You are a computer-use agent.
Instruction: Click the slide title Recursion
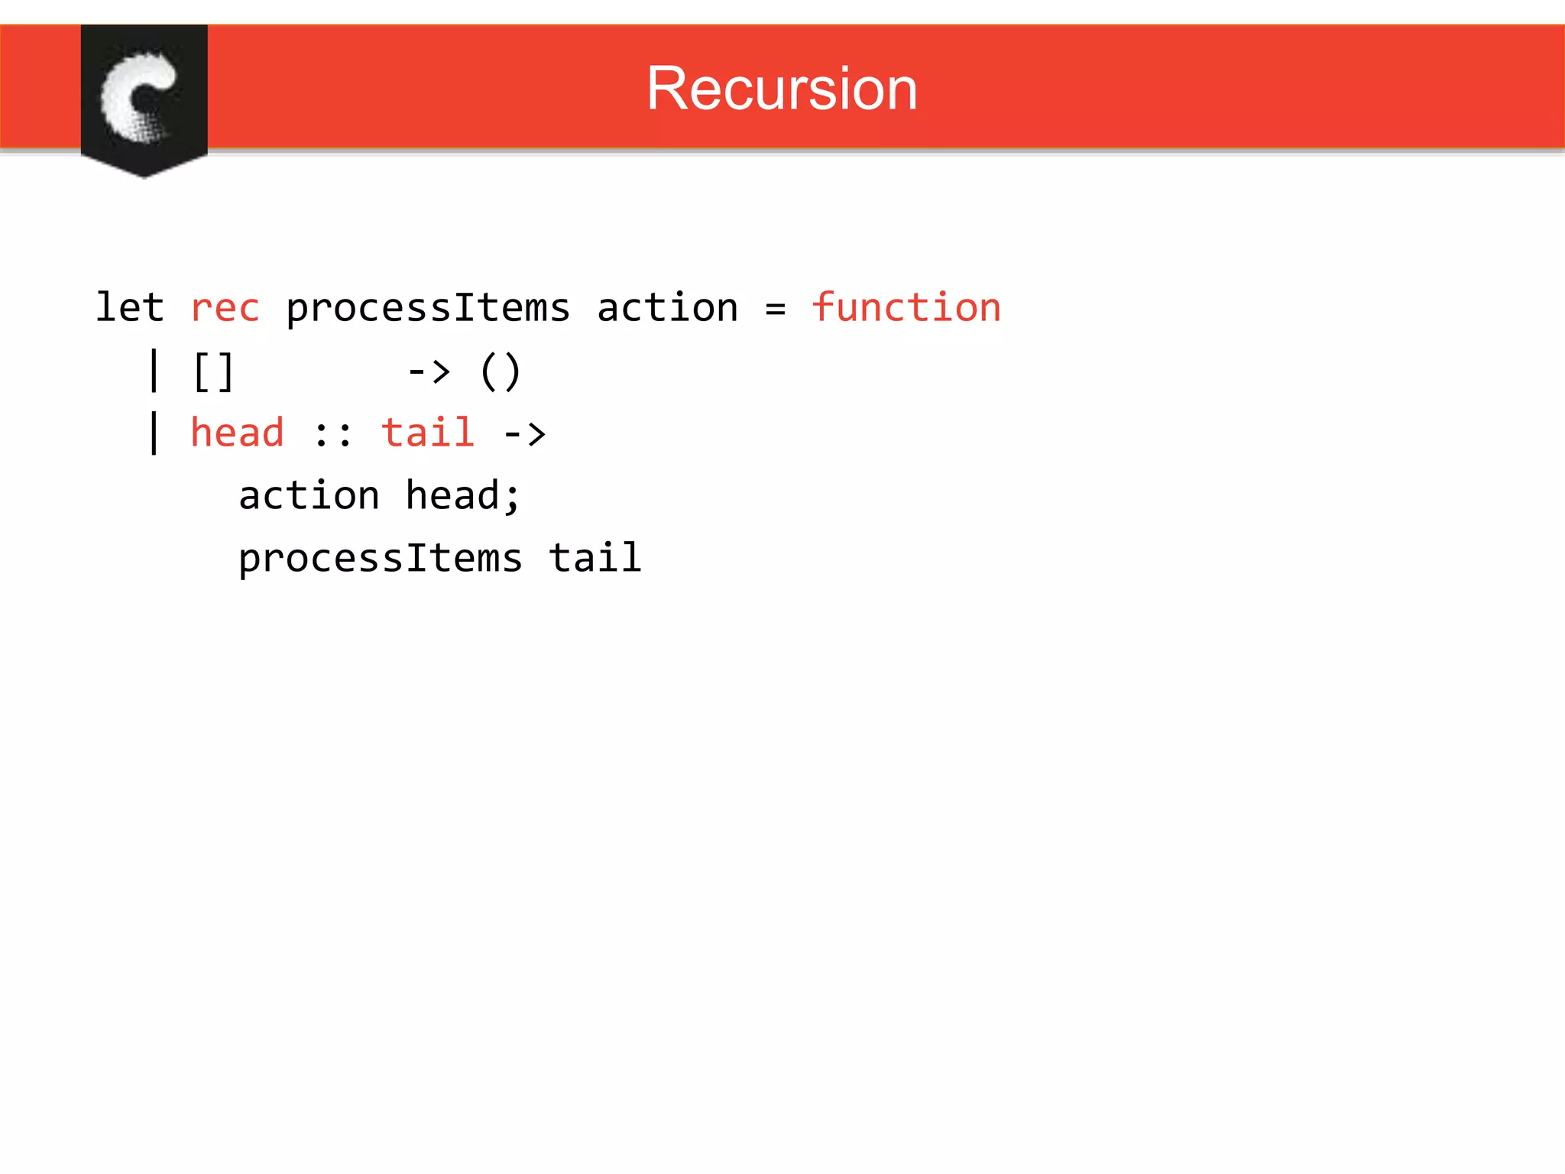click(x=781, y=89)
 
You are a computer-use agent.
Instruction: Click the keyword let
click(x=129, y=307)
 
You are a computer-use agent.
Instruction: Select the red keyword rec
click(x=225, y=309)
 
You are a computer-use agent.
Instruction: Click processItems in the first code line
click(x=428, y=309)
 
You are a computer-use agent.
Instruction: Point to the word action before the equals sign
click(x=667, y=307)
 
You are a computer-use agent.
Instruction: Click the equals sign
click(x=775, y=309)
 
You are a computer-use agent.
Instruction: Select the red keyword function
click(x=906, y=307)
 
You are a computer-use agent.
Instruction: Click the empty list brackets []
click(x=213, y=372)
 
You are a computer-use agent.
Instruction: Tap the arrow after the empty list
click(x=429, y=372)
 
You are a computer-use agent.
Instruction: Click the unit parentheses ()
click(x=501, y=372)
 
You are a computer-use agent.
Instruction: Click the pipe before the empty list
click(x=154, y=371)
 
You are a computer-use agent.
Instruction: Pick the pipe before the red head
click(x=154, y=433)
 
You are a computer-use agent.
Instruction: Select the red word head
click(x=237, y=433)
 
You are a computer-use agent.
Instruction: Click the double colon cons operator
click(x=333, y=435)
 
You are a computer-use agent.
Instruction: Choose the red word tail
click(x=428, y=433)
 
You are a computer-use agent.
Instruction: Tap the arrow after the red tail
click(x=524, y=435)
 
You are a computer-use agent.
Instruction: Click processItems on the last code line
click(x=381, y=559)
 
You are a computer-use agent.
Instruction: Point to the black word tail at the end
click(x=595, y=557)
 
